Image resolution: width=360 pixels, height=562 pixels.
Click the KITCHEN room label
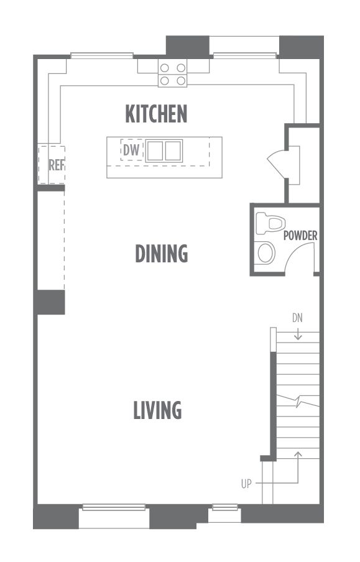point(156,114)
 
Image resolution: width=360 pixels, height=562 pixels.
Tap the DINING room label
point(162,254)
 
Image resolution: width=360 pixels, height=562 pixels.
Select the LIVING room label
point(157,410)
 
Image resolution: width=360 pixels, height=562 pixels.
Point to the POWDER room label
point(300,236)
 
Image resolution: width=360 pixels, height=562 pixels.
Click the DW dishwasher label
point(132,150)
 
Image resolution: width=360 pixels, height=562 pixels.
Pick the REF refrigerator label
point(57,165)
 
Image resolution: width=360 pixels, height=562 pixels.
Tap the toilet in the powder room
point(270,223)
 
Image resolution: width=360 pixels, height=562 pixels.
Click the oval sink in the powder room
point(265,253)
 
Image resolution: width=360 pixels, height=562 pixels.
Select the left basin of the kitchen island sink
point(155,151)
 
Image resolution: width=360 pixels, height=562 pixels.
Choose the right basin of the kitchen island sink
point(173,151)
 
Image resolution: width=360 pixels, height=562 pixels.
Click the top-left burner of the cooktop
point(164,68)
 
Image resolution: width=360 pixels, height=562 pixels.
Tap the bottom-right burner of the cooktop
point(181,81)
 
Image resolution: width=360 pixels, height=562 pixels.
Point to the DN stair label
point(297,318)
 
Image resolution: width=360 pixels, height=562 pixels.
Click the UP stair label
point(246,484)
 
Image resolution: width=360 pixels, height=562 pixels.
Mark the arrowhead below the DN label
point(298,337)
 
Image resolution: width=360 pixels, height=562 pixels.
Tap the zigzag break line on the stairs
point(298,401)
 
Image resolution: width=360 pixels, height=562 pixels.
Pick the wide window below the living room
point(114,507)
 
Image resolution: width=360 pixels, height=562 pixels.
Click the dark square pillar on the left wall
point(50,302)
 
